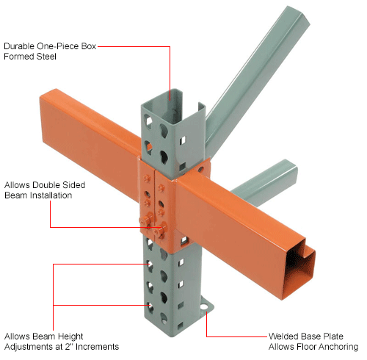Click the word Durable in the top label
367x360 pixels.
point(20,46)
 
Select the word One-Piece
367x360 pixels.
point(58,46)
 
